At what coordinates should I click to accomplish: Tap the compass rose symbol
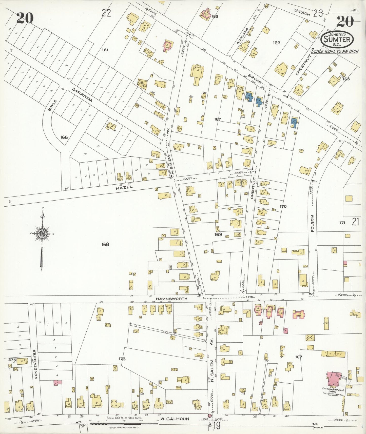[x=42, y=233]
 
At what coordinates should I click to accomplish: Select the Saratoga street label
[x=82, y=95]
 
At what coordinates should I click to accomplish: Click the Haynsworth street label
[x=171, y=299]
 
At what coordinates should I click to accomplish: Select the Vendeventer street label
[x=36, y=365]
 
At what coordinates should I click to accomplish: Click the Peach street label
[x=303, y=13]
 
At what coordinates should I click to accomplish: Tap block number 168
[x=105, y=244]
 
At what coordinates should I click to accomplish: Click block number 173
[x=122, y=359]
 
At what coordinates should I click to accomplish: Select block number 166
[x=64, y=137]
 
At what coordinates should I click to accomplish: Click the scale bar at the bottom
[x=124, y=423]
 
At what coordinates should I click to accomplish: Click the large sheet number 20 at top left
[x=25, y=18]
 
